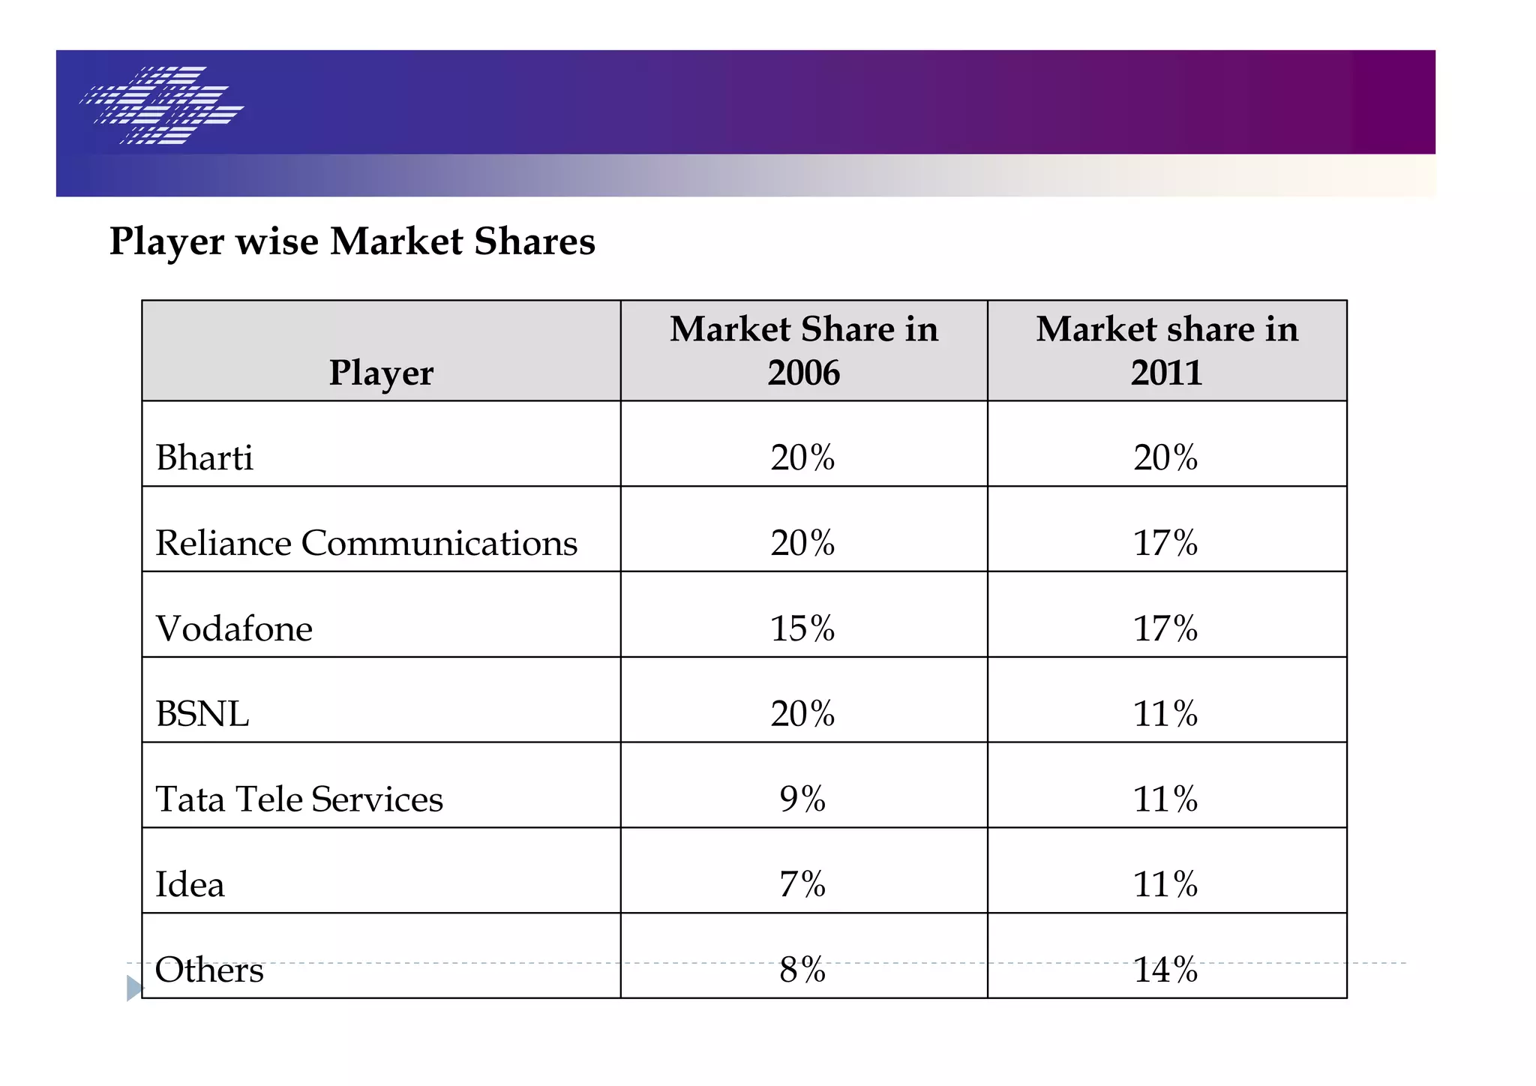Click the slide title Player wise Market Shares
(x=352, y=241)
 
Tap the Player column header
(x=381, y=373)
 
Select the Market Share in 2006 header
(x=803, y=350)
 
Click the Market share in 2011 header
(x=1166, y=350)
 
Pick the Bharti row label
(x=204, y=457)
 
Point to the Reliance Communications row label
(x=366, y=543)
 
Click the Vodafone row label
(x=234, y=628)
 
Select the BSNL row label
(x=202, y=713)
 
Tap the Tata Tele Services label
(x=298, y=799)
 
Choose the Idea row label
(x=189, y=884)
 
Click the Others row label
(x=209, y=970)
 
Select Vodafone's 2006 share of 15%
(x=802, y=628)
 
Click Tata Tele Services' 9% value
(x=802, y=799)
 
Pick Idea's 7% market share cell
(x=802, y=884)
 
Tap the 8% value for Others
(x=802, y=970)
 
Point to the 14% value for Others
(x=1165, y=970)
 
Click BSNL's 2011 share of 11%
(x=1165, y=713)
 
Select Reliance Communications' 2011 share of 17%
(x=1165, y=543)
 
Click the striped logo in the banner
(x=162, y=105)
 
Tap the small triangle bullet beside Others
(x=134, y=988)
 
